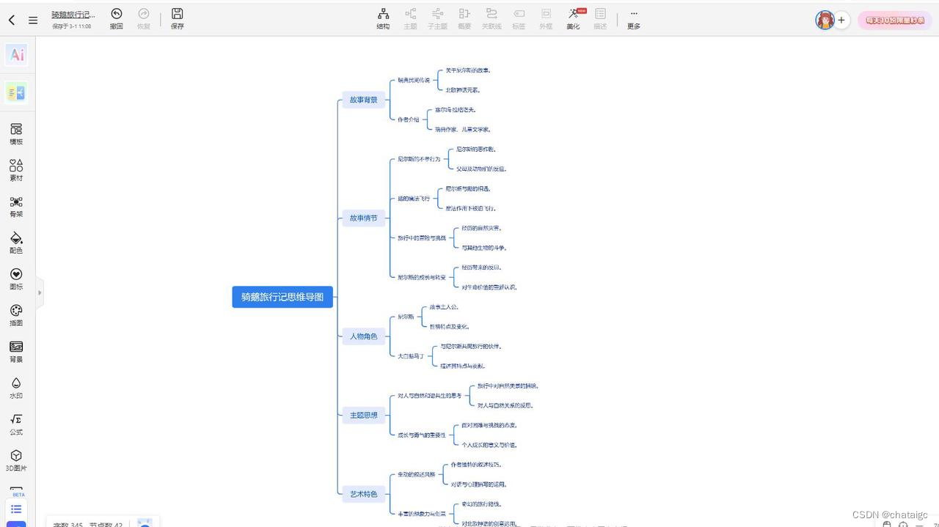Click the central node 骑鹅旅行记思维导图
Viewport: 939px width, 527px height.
282,297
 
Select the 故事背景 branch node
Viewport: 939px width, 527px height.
363,100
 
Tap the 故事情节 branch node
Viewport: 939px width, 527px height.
363,218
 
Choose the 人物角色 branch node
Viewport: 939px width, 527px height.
363,336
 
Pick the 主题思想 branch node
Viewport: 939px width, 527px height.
363,415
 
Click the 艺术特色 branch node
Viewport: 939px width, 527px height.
363,494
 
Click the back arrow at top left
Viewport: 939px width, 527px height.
12,20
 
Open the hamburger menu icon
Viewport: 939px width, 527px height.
33,20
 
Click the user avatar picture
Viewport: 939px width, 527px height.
825,20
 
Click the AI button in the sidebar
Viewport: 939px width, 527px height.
17,54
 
